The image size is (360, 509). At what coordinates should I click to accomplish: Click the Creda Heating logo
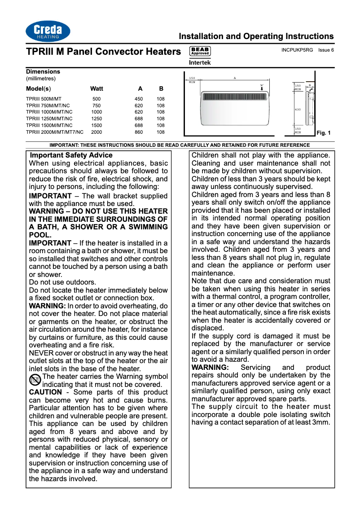coord(48,32)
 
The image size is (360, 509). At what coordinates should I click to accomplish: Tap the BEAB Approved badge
coord(200,51)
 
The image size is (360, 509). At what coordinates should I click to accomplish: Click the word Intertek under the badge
coord(200,63)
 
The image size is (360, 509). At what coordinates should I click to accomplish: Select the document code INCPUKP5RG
coord(297,50)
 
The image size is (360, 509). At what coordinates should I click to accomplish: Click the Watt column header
coord(97,88)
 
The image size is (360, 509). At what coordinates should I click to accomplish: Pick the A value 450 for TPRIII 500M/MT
coord(139,99)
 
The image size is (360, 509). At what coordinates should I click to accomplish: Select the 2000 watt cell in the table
coord(97,132)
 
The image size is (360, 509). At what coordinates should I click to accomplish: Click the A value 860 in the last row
coord(139,132)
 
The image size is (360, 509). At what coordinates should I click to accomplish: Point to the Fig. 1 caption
coord(323,133)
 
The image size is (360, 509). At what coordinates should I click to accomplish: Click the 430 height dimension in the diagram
coord(298,110)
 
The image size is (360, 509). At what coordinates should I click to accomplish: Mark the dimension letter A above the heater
coord(247,79)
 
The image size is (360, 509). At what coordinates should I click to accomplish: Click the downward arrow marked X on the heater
coord(262,88)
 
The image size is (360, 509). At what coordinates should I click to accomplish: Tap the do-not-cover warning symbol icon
coord(35,380)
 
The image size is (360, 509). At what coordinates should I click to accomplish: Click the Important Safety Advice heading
coord(71,155)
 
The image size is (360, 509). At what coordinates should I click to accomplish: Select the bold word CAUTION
coord(45,392)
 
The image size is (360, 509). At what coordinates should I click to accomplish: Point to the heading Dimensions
coord(43,72)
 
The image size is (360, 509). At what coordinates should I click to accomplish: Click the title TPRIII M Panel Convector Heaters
coord(103,52)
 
